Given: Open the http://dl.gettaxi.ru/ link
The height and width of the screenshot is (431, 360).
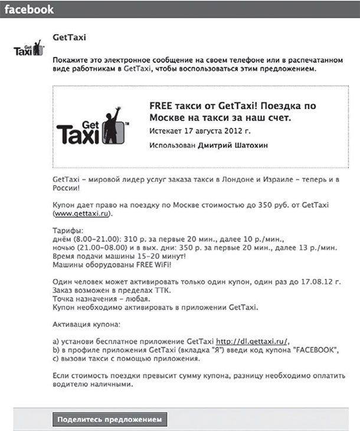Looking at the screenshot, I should pyautogui.click(x=251, y=341).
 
